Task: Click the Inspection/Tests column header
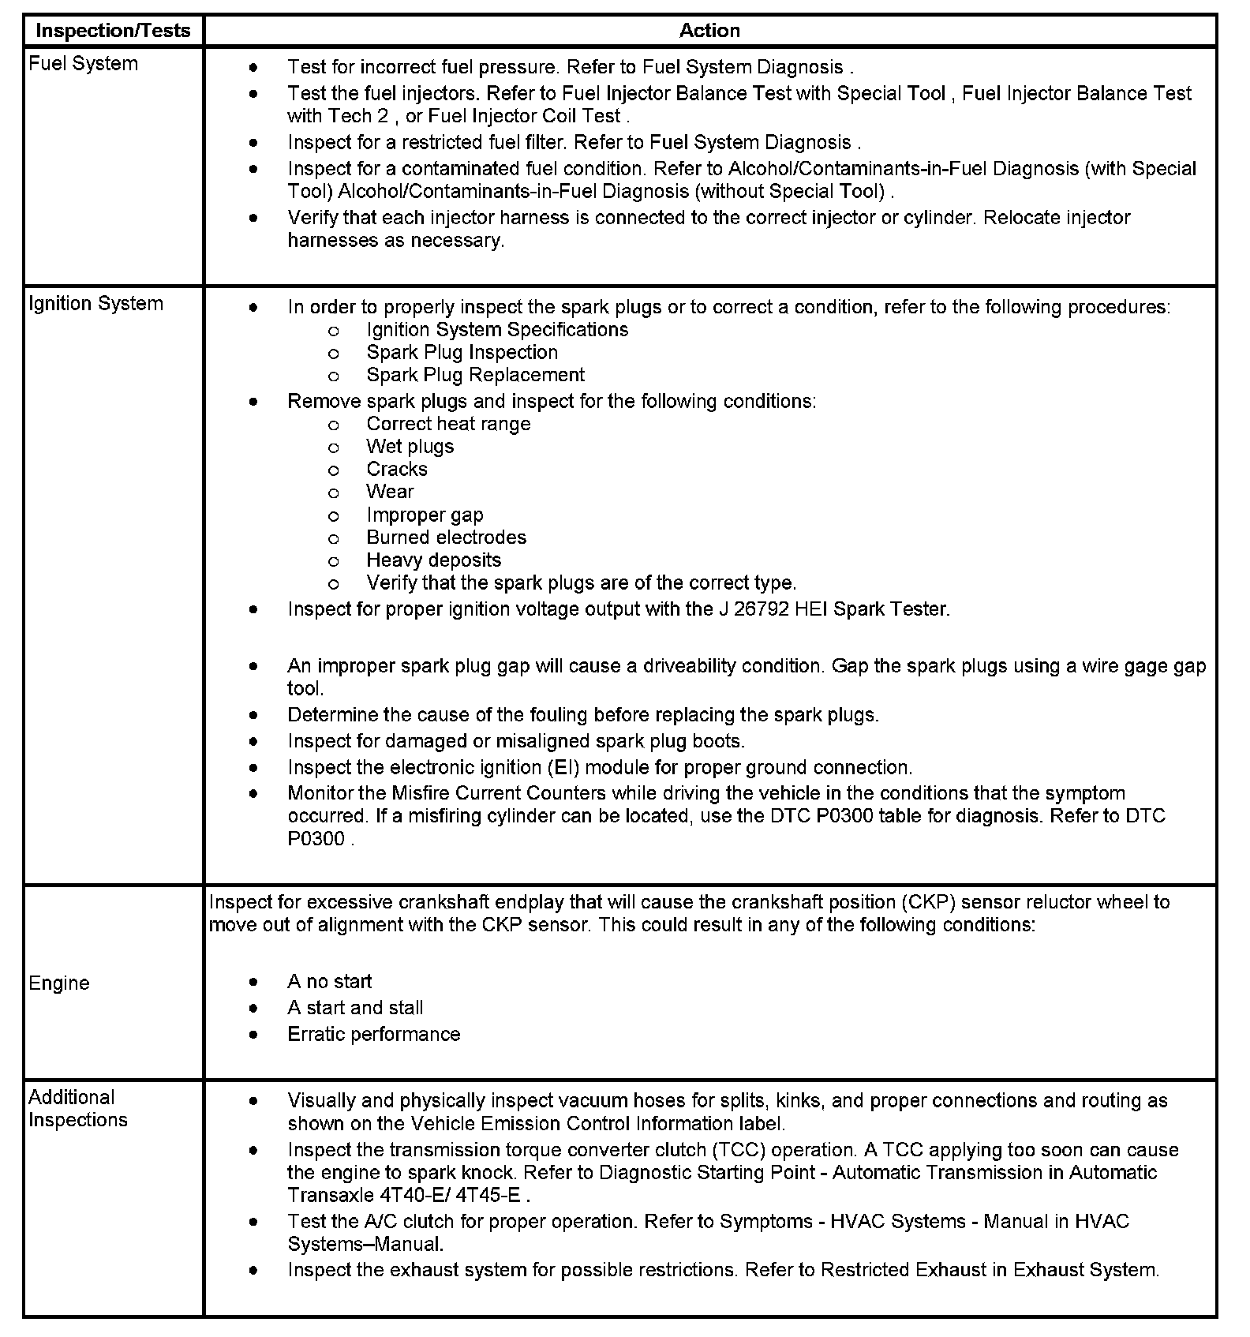[x=114, y=31]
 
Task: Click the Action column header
[x=709, y=31]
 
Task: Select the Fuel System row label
[x=83, y=64]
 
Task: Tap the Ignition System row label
[x=95, y=304]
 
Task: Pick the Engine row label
[x=59, y=983]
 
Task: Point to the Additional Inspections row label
[x=77, y=1109]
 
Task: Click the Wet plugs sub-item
[x=410, y=447]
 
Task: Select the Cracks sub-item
[x=396, y=470]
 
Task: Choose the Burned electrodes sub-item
[x=446, y=537]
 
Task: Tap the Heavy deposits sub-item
[x=433, y=560]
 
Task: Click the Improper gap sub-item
[x=425, y=515]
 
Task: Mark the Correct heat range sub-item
[x=448, y=424]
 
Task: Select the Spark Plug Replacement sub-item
[x=475, y=375]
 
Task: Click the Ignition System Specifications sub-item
[x=497, y=330]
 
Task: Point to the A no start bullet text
[x=329, y=982]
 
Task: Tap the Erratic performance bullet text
[x=373, y=1035]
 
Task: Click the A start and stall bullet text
[x=355, y=1008]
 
